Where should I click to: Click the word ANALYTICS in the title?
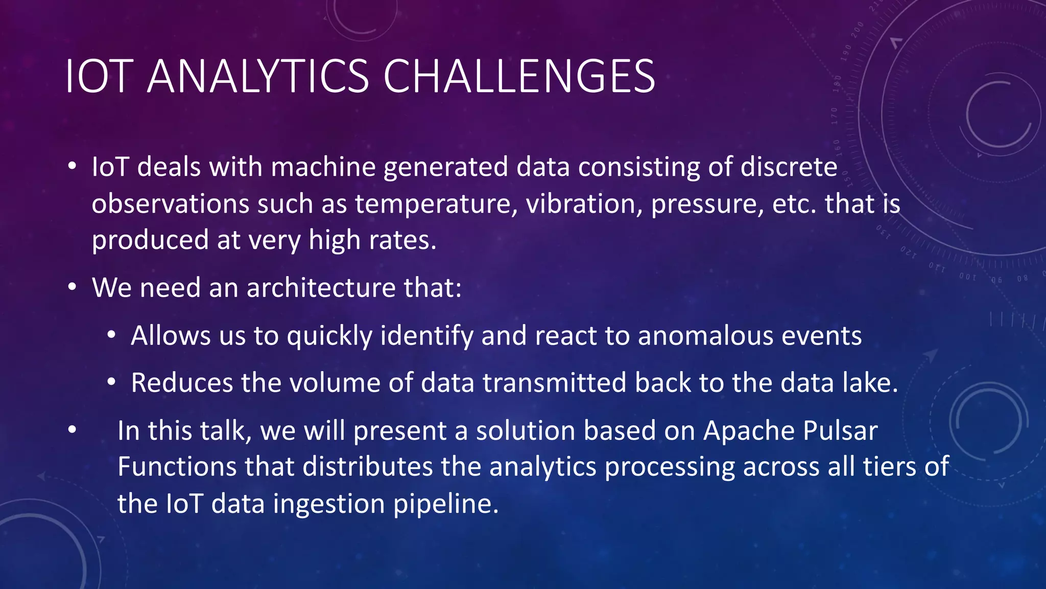pos(258,77)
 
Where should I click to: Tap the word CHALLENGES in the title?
pos(519,77)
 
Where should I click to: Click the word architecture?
pos(321,288)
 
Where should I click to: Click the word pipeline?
pos(445,505)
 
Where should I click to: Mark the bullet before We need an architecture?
pos(72,288)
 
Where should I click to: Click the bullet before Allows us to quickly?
pos(111,336)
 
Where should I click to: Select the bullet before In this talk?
pos(72,431)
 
